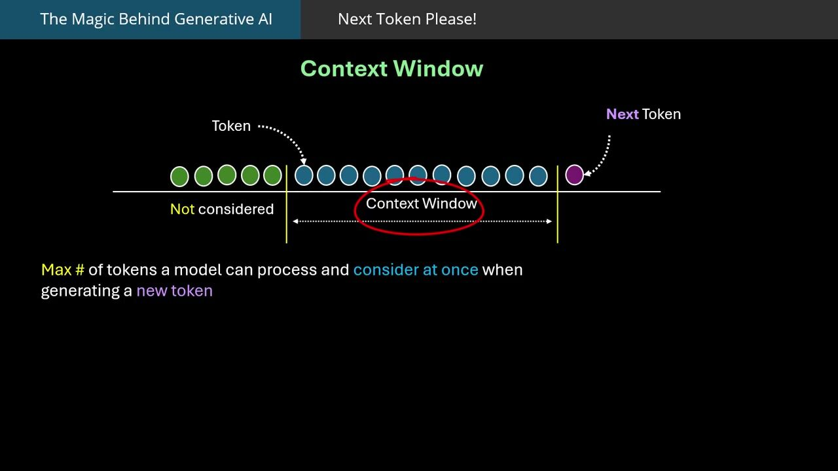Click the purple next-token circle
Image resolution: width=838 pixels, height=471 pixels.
(x=574, y=175)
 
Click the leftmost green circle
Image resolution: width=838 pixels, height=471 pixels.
(x=179, y=177)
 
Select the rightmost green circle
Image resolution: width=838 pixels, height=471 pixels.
(x=272, y=175)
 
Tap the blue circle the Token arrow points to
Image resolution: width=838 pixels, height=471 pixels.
(x=304, y=175)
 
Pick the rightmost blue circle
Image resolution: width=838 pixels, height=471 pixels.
(x=538, y=176)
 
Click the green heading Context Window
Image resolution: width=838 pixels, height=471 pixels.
(x=392, y=69)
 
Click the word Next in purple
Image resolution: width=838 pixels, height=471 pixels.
(x=622, y=114)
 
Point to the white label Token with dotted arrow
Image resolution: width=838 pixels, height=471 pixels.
(x=231, y=126)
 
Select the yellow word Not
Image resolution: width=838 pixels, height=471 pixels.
(x=182, y=209)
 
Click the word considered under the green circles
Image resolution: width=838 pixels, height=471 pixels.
(x=236, y=209)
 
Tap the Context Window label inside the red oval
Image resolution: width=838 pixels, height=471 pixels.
(x=421, y=203)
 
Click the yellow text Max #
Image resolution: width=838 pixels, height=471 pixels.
(x=63, y=270)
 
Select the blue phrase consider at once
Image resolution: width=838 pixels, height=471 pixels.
(x=416, y=270)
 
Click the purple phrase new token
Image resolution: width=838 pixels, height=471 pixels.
(x=175, y=291)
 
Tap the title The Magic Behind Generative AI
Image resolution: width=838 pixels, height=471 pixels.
(x=156, y=19)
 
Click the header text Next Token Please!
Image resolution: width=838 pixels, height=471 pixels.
(x=407, y=19)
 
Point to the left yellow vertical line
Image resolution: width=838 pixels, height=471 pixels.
(x=287, y=204)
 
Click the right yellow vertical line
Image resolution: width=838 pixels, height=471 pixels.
(x=557, y=204)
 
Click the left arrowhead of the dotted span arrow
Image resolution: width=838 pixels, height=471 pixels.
(x=295, y=221)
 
